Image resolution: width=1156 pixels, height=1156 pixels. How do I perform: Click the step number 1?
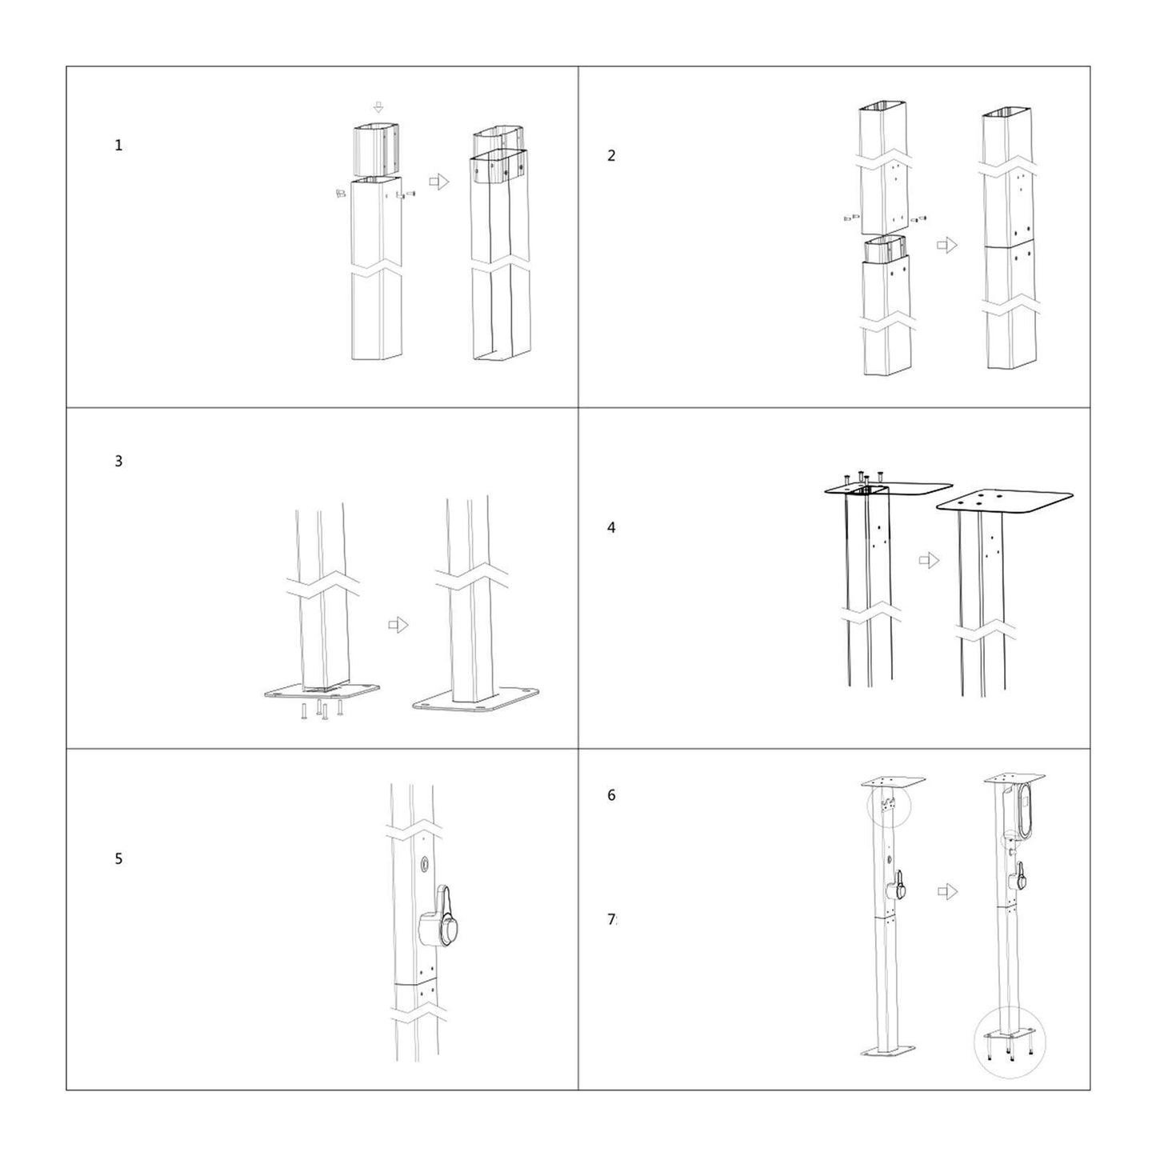(x=118, y=146)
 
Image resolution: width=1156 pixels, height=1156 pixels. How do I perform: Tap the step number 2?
(x=611, y=156)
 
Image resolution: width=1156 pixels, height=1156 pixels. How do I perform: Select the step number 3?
(x=118, y=462)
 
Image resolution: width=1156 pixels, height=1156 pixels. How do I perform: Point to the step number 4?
(x=611, y=528)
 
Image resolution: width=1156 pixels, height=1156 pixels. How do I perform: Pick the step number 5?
(x=118, y=859)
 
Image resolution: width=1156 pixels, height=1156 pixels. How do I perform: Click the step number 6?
(x=611, y=795)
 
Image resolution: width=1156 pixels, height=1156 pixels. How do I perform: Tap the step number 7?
(x=611, y=920)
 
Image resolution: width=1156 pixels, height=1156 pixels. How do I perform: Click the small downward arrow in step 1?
(x=378, y=107)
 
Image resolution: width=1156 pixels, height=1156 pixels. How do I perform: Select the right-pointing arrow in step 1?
(x=439, y=182)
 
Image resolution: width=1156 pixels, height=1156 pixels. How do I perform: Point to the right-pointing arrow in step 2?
(x=947, y=245)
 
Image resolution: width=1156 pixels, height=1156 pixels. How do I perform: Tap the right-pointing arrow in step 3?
(x=398, y=625)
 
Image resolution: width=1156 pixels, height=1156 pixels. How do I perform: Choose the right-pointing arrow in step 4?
(x=929, y=560)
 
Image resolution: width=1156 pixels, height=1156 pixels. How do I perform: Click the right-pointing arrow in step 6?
(x=947, y=891)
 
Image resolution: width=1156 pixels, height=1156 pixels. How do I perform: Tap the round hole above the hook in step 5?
(x=423, y=865)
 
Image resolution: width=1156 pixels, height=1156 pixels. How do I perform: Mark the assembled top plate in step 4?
(x=1005, y=500)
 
